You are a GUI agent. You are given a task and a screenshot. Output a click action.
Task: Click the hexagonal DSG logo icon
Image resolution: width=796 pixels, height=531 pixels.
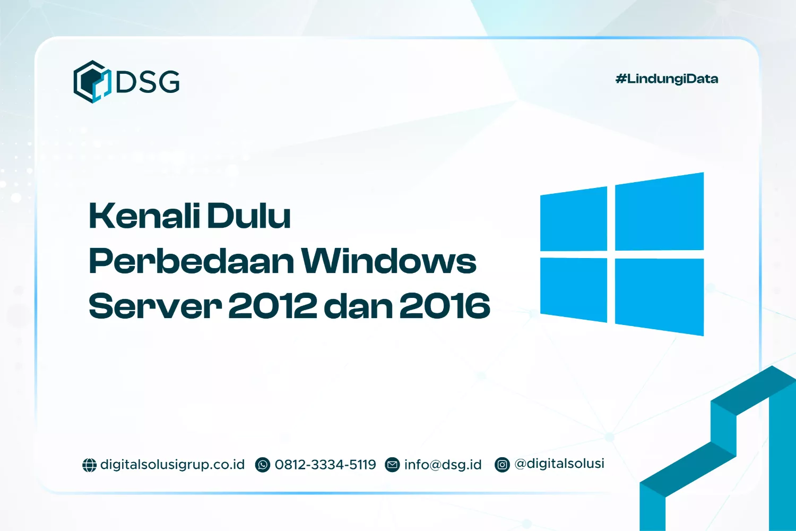(92, 82)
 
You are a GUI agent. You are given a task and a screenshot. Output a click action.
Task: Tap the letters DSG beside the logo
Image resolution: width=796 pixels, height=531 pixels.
(148, 82)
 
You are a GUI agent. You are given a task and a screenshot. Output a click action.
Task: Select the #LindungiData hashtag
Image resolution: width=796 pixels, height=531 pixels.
(667, 79)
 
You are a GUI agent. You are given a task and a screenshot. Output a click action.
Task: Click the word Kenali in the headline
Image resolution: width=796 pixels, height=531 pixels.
(144, 216)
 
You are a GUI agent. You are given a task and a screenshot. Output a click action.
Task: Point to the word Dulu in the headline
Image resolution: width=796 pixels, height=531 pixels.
(248, 216)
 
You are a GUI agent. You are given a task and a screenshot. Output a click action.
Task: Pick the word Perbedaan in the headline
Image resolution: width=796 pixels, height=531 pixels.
(191, 261)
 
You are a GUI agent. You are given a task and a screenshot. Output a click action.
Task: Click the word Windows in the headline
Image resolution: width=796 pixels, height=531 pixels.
(388, 261)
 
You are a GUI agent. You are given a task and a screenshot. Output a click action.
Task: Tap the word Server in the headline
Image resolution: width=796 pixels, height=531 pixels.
(154, 306)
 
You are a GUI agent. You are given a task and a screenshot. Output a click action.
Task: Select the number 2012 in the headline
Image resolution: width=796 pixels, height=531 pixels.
(272, 306)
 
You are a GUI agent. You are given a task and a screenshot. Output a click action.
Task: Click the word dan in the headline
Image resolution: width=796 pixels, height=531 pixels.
(357, 306)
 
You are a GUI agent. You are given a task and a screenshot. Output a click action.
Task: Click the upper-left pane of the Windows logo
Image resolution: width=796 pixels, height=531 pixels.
(574, 219)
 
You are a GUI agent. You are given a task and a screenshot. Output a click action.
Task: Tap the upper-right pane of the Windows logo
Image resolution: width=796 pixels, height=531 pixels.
(659, 212)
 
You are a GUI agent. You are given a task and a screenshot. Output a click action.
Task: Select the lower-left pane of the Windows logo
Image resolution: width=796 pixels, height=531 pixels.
(574, 289)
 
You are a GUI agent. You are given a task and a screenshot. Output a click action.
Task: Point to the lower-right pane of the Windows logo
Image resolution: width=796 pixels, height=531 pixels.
(659, 296)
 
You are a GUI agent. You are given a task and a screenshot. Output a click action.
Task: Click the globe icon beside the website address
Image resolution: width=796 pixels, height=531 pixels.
(89, 465)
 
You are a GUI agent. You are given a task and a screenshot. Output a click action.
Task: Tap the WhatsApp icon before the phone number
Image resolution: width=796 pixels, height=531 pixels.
(263, 465)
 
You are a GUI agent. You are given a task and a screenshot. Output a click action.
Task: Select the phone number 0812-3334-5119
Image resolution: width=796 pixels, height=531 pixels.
(325, 465)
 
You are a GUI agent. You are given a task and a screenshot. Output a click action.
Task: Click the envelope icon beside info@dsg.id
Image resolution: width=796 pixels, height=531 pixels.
(392, 465)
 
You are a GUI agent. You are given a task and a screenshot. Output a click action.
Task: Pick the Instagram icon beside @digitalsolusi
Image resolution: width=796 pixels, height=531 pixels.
(502, 465)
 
